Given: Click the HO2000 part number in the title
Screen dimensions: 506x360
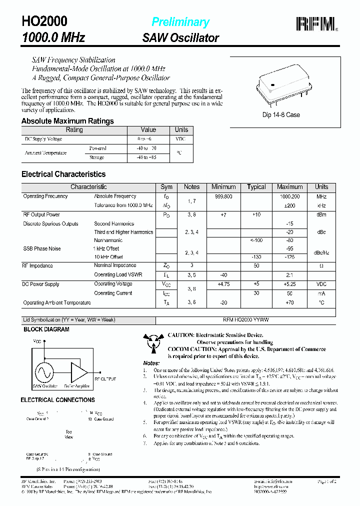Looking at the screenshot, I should [x=44, y=21].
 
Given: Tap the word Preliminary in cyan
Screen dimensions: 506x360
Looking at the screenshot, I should [x=180, y=22].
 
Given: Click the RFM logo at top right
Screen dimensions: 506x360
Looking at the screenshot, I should [x=316, y=23].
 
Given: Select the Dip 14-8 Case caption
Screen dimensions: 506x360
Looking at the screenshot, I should [x=281, y=114].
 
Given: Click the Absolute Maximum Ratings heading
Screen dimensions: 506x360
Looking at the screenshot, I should [x=67, y=121].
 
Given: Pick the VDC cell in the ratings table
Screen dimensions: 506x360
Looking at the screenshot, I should [x=180, y=139].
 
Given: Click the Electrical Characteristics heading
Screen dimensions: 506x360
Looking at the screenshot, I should [x=63, y=174].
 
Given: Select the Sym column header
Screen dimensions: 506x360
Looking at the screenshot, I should [x=166, y=187].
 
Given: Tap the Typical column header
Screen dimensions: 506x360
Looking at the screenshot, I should [x=256, y=187].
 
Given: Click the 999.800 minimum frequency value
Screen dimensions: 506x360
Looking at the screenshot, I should [x=223, y=197].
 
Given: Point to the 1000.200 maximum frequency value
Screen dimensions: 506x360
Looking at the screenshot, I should [x=289, y=197].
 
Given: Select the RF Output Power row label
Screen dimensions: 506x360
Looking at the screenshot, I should [x=41, y=215].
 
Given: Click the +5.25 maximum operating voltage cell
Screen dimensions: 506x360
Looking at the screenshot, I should [x=289, y=284].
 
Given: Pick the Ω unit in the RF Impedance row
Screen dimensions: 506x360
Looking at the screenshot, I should [x=321, y=266].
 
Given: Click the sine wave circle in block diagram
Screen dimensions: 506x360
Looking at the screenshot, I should [x=44, y=372].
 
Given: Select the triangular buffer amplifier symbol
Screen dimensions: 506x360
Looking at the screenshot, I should [x=78, y=372].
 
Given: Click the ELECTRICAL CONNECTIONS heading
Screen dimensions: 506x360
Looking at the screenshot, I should [x=57, y=400].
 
